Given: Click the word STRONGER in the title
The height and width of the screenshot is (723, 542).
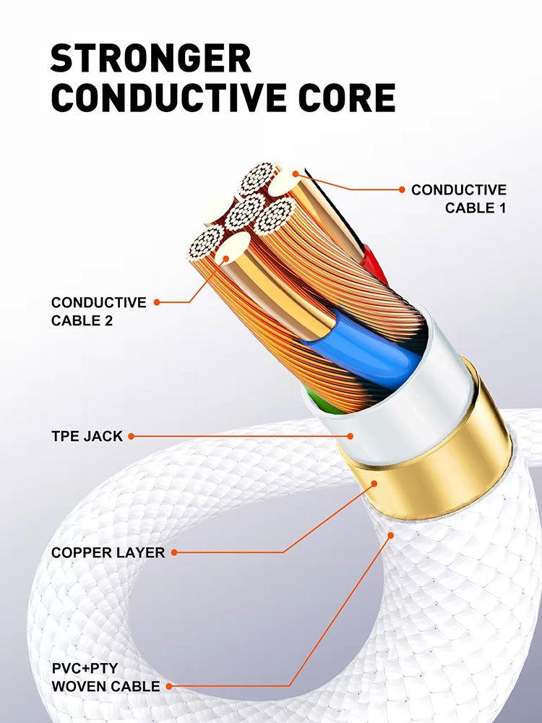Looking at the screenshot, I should (x=151, y=58).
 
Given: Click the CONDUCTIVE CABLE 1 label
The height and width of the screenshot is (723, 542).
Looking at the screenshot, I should (x=459, y=199).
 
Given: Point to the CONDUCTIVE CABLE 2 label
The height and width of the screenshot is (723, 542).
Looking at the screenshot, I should (x=98, y=311).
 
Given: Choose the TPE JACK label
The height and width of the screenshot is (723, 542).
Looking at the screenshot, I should (x=87, y=436).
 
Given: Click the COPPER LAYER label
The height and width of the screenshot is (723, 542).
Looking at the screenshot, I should (x=108, y=552).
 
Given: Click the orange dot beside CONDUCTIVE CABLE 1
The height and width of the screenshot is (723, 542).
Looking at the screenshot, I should (x=402, y=189).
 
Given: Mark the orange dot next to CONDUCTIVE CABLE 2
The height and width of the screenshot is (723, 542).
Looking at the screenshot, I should (x=157, y=302).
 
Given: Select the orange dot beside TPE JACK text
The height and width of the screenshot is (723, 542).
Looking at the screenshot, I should (x=131, y=436).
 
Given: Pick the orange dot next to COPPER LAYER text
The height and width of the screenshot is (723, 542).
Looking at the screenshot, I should (x=174, y=552).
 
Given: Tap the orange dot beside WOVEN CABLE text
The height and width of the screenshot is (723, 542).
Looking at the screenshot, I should (x=168, y=685).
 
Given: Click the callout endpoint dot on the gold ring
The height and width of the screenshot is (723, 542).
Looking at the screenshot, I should (x=374, y=482).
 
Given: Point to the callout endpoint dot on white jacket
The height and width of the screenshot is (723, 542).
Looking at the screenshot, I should (x=350, y=436).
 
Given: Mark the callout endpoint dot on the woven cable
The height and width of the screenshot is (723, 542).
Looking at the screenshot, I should (x=391, y=536).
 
